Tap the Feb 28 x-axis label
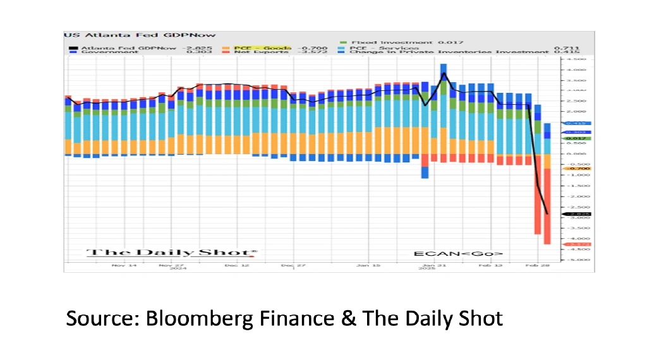pyautogui.click(x=539, y=266)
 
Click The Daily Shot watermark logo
pyautogui.click(x=172, y=253)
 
